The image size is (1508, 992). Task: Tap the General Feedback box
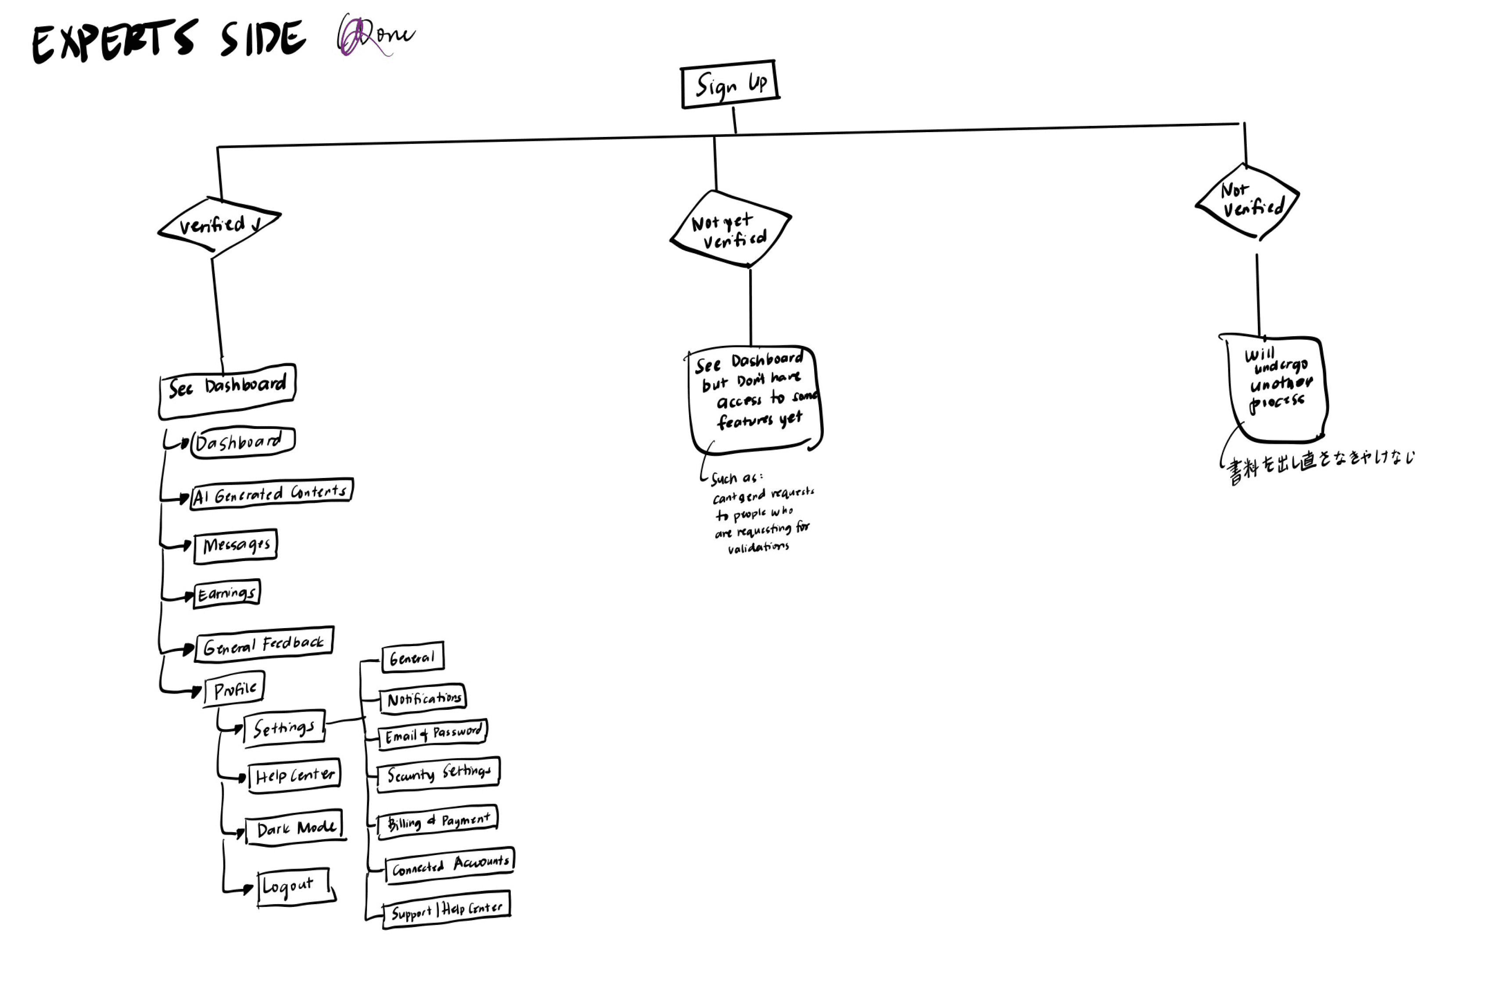(x=264, y=645)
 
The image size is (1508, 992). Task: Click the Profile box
(x=234, y=689)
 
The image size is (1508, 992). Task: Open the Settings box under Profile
(x=284, y=727)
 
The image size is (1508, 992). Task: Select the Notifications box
(x=423, y=698)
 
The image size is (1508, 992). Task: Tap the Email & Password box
(x=433, y=734)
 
